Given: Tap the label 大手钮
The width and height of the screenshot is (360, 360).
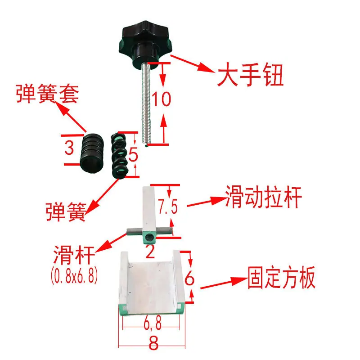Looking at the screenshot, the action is point(250,74).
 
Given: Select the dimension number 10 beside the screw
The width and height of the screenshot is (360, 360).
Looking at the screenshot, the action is point(161,99).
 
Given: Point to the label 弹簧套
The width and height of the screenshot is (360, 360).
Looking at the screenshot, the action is point(48,94).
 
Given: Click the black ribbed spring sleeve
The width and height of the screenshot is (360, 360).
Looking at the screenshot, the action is point(92,153).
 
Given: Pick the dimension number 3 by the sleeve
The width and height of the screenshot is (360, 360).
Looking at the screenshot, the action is point(69,148).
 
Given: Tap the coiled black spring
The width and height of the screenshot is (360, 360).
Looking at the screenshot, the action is point(119,155).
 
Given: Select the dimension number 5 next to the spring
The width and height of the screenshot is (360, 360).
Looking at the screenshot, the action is point(133,154).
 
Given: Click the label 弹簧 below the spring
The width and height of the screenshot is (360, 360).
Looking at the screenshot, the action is point(66,211).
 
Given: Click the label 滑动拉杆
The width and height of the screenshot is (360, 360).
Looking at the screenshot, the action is point(263,197).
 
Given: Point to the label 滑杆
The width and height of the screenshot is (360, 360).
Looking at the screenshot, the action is point(74,255).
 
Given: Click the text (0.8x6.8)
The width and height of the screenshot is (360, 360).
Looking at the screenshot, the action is point(74,275).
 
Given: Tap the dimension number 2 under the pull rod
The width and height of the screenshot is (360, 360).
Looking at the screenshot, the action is point(150,252).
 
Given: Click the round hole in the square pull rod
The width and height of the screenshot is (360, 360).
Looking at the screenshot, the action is point(149,237).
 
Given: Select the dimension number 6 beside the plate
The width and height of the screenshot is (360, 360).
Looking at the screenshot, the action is point(189,278).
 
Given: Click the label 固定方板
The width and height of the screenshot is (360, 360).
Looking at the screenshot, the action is point(282,278).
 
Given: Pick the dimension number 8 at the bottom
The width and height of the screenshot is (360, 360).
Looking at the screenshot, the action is point(153,343).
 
